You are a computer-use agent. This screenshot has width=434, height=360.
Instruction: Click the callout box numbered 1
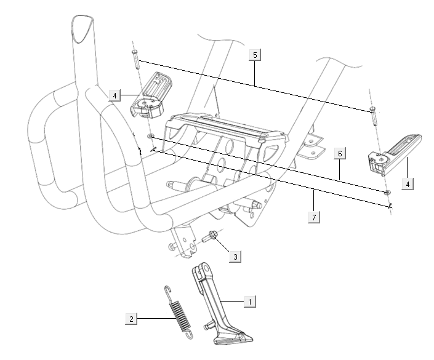249,302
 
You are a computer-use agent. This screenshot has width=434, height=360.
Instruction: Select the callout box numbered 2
131,318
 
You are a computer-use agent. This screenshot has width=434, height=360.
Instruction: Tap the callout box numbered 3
236,255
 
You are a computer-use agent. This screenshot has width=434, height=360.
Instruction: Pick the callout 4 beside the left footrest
114,95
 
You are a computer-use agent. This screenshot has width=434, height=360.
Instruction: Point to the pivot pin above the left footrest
135,60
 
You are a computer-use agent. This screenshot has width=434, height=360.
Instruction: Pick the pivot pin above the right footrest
372,115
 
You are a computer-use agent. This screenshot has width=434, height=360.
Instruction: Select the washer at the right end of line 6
387,193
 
